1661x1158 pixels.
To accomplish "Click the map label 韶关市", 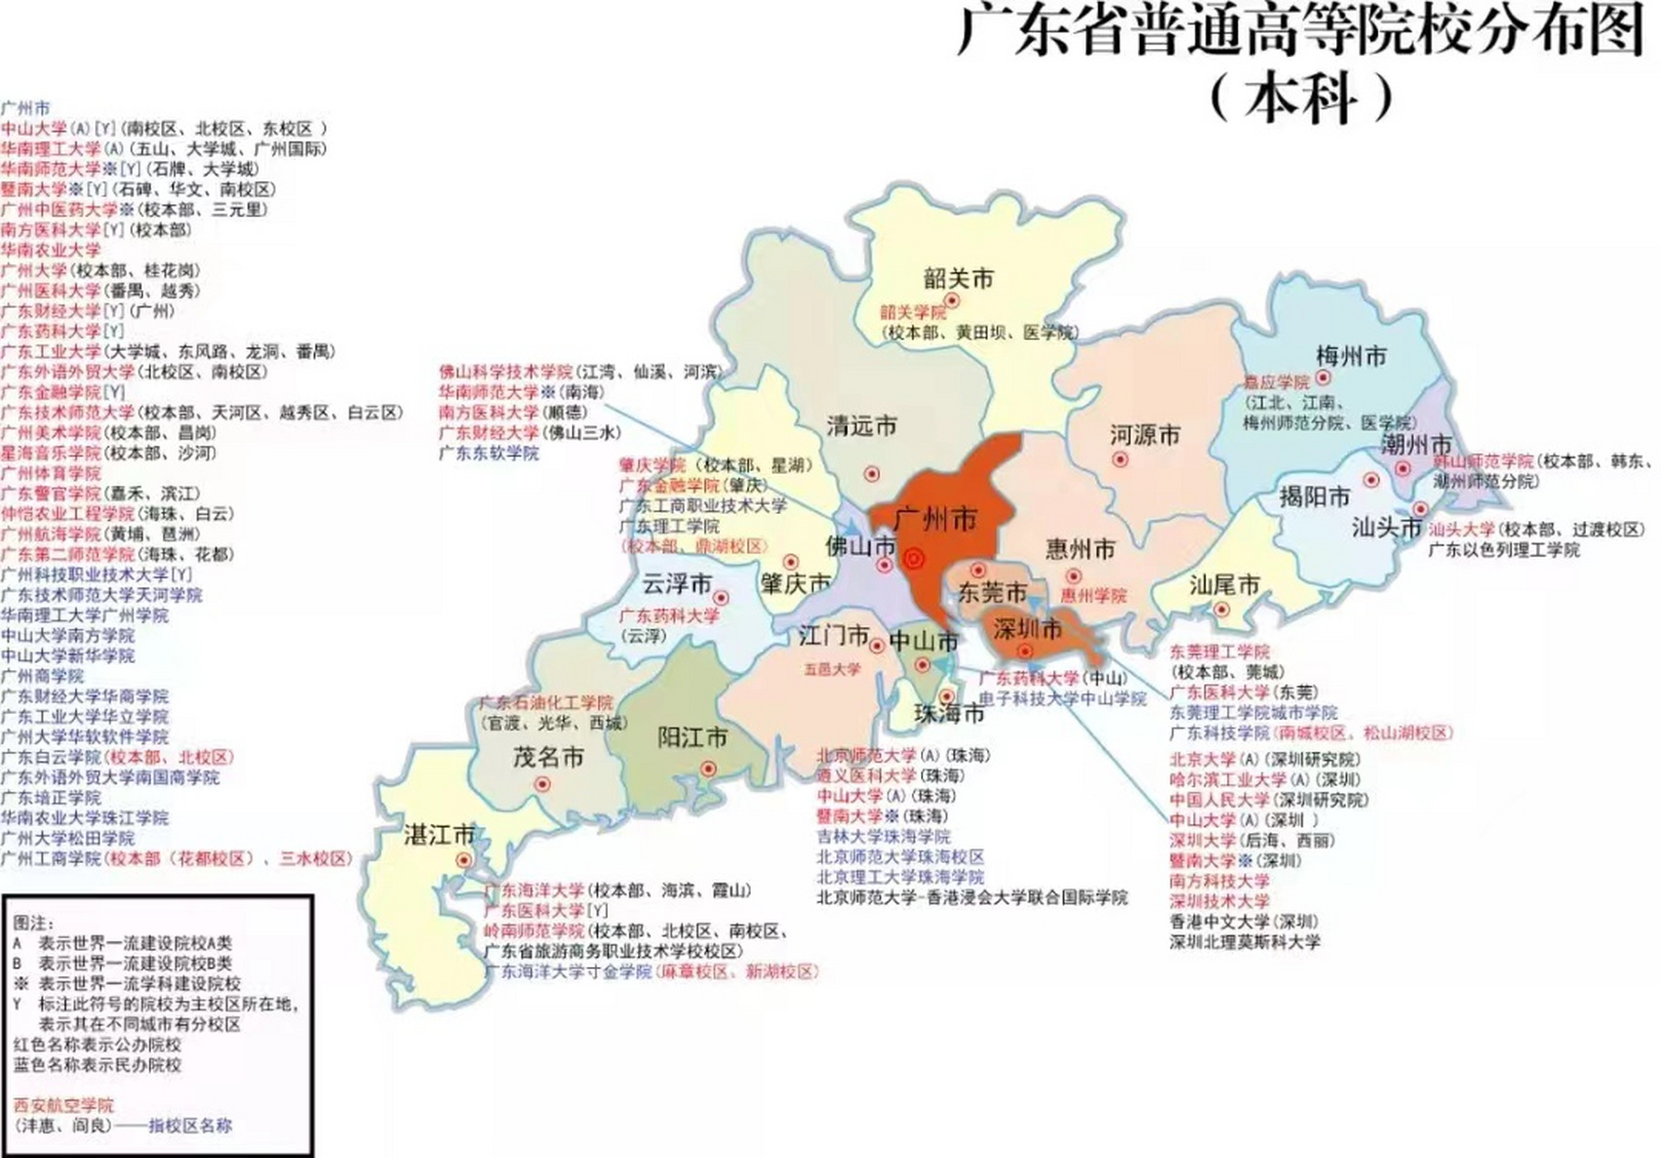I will coord(958,278).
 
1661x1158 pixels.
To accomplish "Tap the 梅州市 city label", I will coord(1351,356).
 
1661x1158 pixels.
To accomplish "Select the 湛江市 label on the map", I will coord(440,834).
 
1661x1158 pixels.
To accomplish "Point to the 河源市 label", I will coord(1145,435).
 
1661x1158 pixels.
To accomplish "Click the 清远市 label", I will coord(861,425).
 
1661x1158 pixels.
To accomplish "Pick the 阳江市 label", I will coord(692,737).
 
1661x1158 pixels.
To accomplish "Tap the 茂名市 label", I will coord(548,757).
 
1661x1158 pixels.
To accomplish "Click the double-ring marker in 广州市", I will coord(914,560).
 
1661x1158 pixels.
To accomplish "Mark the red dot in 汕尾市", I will coord(1222,610).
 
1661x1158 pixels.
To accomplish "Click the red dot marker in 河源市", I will coord(1120,460).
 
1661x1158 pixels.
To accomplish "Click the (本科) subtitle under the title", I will coord(1301,98).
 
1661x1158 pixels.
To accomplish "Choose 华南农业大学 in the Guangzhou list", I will coord(51,250).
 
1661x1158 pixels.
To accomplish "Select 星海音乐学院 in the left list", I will coord(51,452).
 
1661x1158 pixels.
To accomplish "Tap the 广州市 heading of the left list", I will coord(25,108).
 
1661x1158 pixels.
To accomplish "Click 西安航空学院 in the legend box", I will coord(64,1106).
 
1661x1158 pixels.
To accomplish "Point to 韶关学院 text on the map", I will coord(913,312).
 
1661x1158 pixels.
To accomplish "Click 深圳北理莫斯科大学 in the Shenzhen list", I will coord(1245,942).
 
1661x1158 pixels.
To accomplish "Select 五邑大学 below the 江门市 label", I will coord(832,669).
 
